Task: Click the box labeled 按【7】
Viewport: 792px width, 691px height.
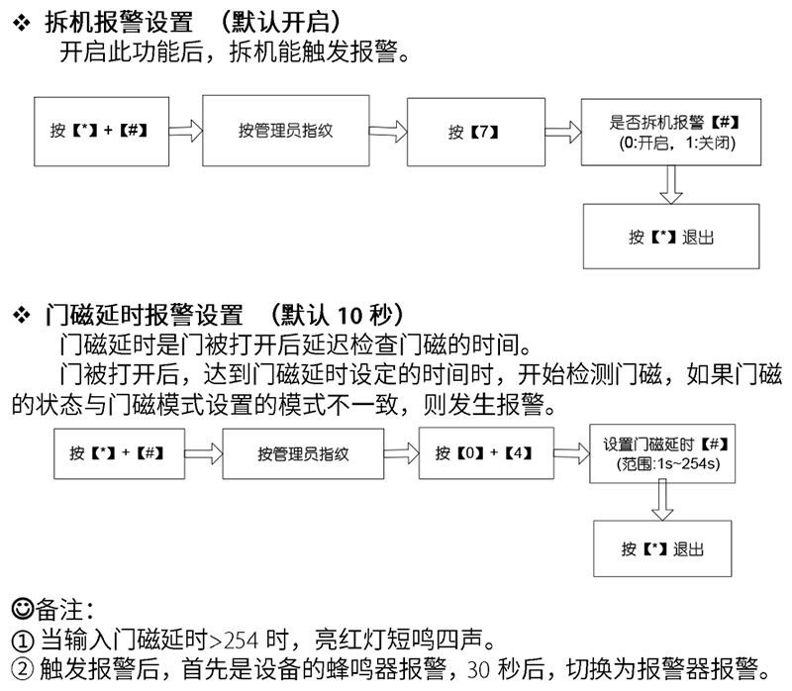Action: pyautogui.click(x=476, y=132)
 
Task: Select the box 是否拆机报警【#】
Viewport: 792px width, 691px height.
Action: pyautogui.click(x=671, y=132)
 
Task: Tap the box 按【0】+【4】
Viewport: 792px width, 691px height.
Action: pyautogui.click(x=486, y=453)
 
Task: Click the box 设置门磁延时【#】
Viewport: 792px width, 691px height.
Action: pyautogui.click(x=662, y=453)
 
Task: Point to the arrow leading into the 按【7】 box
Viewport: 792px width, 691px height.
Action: pyautogui.click(x=388, y=132)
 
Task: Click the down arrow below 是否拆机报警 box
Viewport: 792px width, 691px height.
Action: pyautogui.click(x=671, y=185)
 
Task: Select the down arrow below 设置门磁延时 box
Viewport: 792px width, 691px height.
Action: pyautogui.click(x=662, y=500)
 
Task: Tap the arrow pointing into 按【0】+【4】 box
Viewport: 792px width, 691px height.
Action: pyautogui.click(x=401, y=453)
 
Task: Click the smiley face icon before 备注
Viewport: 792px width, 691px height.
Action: pyautogui.click(x=22, y=609)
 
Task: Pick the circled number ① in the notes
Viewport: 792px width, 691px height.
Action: pyautogui.click(x=22, y=641)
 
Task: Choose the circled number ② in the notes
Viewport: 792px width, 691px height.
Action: pyautogui.click(x=22, y=669)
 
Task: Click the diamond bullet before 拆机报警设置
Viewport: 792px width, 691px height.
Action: pyautogui.click(x=21, y=22)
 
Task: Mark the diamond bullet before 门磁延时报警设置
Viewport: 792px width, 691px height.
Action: pyautogui.click(x=21, y=315)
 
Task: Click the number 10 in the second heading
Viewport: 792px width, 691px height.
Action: pyautogui.click(x=349, y=316)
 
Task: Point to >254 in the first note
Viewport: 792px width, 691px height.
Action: pyautogui.click(x=234, y=641)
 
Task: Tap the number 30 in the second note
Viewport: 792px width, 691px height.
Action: pyautogui.click(x=478, y=670)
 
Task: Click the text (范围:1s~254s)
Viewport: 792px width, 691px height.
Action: pyautogui.click(x=667, y=463)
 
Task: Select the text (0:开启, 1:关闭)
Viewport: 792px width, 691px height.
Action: pyautogui.click(x=677, y=144)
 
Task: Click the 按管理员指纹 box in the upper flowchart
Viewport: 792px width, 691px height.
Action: pyautogui.click(x=286, y=131)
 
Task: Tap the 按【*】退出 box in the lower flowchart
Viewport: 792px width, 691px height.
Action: pyautogui.click(x=662, y=548)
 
